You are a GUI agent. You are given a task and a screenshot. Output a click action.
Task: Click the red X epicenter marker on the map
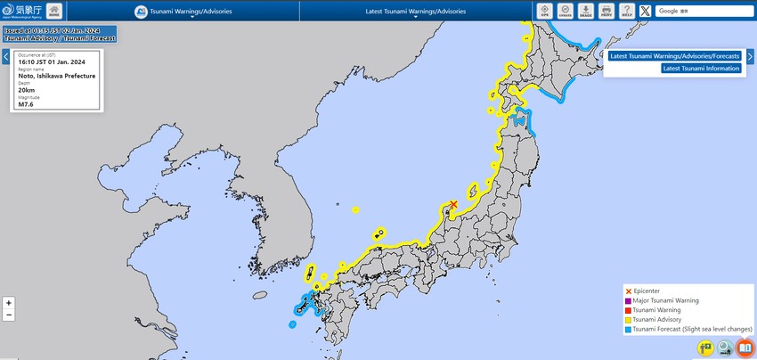point(453,205)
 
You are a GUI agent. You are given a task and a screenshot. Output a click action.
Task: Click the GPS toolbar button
point(545,11)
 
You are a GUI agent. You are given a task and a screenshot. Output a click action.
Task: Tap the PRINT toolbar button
point(606,11)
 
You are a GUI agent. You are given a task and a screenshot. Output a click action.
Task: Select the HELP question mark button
point(627,11)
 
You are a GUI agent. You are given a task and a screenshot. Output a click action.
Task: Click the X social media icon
point(645,11)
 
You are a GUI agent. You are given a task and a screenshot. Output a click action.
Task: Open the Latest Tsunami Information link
point(701,69)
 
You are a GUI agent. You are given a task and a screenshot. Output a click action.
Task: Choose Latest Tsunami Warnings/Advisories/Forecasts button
point(675,56)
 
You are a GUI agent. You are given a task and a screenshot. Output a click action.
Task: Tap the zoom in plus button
point(9,303)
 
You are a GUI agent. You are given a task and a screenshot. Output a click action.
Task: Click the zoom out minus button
point(9,315)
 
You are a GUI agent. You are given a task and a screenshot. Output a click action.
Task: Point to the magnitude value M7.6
point(27,105)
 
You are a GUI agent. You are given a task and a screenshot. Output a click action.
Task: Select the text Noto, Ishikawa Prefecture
point(50,77)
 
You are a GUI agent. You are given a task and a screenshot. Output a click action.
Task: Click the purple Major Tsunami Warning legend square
point(629,301)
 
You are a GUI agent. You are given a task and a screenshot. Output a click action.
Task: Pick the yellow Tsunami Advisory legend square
point(629,320)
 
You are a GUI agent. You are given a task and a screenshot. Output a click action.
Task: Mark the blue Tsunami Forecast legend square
point(629,330)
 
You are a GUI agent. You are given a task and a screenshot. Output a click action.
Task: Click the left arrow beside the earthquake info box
point(5,56)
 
